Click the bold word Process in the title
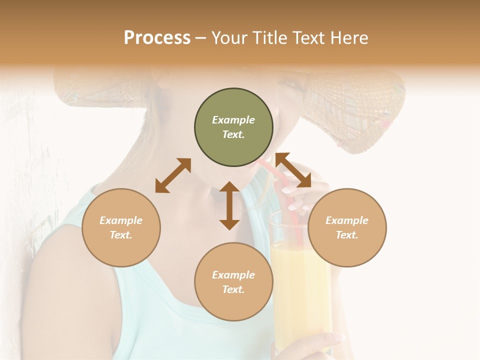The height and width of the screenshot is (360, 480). (x=157, y=38)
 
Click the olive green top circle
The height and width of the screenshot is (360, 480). (x=233, y=127)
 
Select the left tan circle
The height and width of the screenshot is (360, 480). (x=121, y=227)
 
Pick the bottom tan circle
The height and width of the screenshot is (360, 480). (x=233, y=282)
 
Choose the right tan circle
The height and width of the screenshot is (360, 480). (x=347, y=227)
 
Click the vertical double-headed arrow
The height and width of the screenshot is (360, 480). (x=229, y=205)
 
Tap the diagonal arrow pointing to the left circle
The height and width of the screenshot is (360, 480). (x=173, y=175)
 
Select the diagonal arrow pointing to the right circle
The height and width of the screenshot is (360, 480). (x=293, y=170)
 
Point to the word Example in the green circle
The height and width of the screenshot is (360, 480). (x=233, y=120)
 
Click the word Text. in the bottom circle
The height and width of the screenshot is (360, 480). (x=233, y=289)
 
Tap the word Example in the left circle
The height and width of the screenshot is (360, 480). (x=121, y=220)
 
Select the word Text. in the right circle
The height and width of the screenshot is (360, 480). (x=347, y=235)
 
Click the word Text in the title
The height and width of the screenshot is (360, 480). (x=306, y=38)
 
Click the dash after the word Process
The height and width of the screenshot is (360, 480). (x=201, y=38)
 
